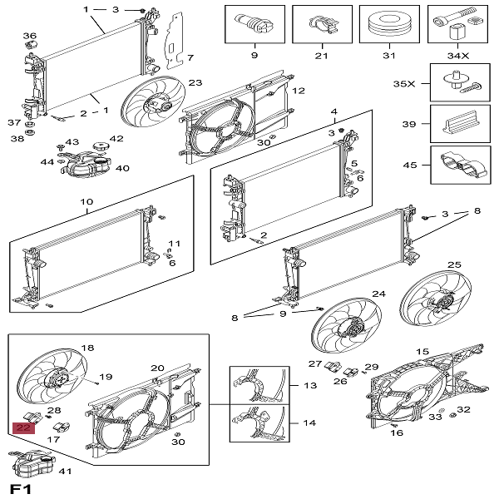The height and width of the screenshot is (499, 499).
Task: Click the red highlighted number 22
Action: (x=23, y=428)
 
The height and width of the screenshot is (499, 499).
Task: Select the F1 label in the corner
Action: (x=19, y=487)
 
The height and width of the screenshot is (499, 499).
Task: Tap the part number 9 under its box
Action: (x=254, y=57)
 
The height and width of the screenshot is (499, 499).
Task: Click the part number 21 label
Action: (x=322, y=57)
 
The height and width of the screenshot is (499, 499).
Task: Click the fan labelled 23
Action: (x=151, y=110)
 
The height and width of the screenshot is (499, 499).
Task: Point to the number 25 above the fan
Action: (x=453, y=264)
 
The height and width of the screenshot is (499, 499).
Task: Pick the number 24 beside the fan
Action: (x=378, y=294)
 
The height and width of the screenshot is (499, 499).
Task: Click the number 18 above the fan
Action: (x=87, y=348)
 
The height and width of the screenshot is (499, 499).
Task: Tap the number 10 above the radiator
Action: (x=86, y=202)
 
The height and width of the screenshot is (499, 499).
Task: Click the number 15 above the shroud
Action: (x=422, y=353)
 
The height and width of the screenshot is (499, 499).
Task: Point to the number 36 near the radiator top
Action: (x=30, y=36)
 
